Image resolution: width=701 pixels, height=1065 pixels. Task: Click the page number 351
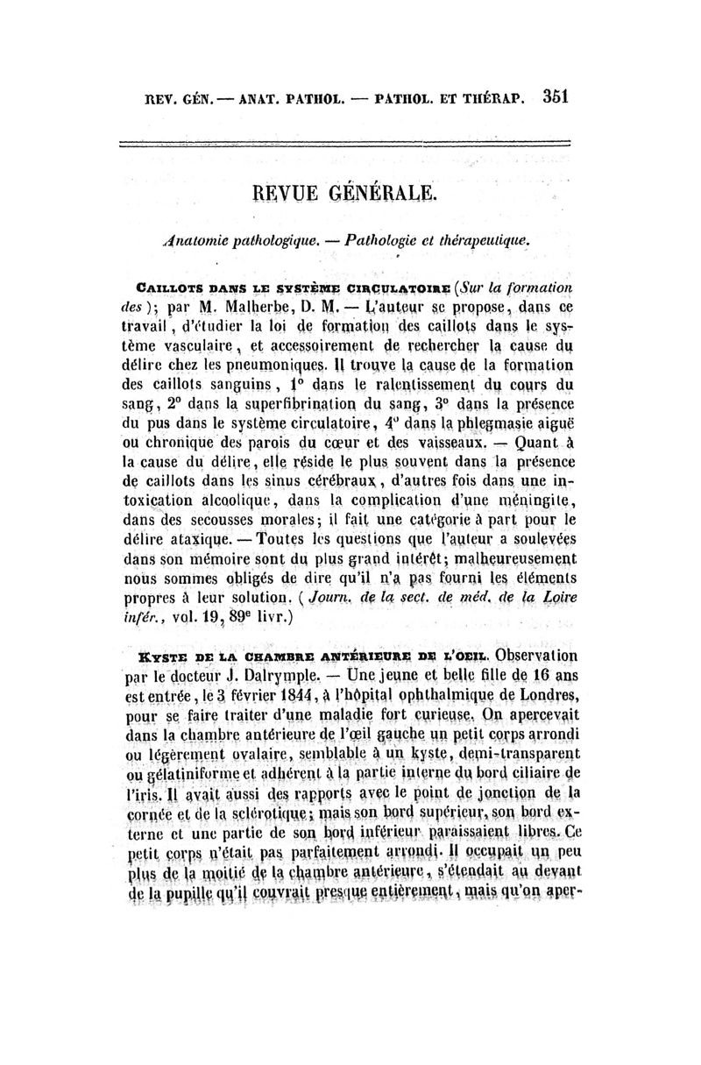pos(556,96)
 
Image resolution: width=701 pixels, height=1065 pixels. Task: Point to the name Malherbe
pos(255,308)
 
